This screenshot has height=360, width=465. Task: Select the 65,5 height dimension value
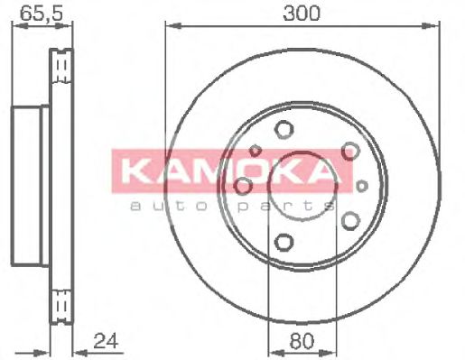point(32,13)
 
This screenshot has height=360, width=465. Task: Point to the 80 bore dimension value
point(302,342)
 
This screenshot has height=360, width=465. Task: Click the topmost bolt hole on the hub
point(284,128)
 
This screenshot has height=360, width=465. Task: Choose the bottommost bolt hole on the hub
point(284,241)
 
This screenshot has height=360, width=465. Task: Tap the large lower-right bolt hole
point(349,218)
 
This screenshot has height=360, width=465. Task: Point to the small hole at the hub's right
point(361,185)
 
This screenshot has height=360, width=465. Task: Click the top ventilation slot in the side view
point(62,68)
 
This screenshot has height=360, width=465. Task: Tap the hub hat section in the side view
point(30,184)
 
